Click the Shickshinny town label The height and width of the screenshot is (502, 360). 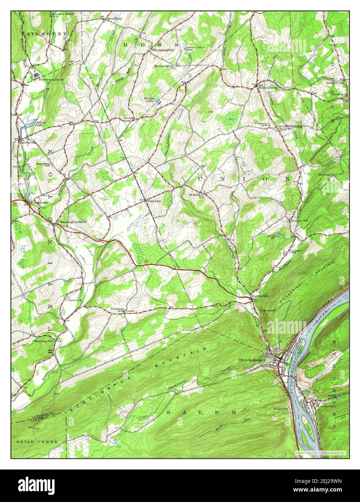coord(252,360)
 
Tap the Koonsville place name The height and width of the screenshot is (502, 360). coord(260,296)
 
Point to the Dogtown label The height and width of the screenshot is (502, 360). coord(280,409)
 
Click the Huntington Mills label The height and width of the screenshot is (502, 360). coord(73,222)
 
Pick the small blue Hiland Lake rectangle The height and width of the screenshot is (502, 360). coord(158,101)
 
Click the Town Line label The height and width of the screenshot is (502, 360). coord(153,201)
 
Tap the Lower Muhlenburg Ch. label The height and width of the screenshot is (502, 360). coord(289,127)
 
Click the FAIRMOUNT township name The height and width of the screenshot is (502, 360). coord(44,34)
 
